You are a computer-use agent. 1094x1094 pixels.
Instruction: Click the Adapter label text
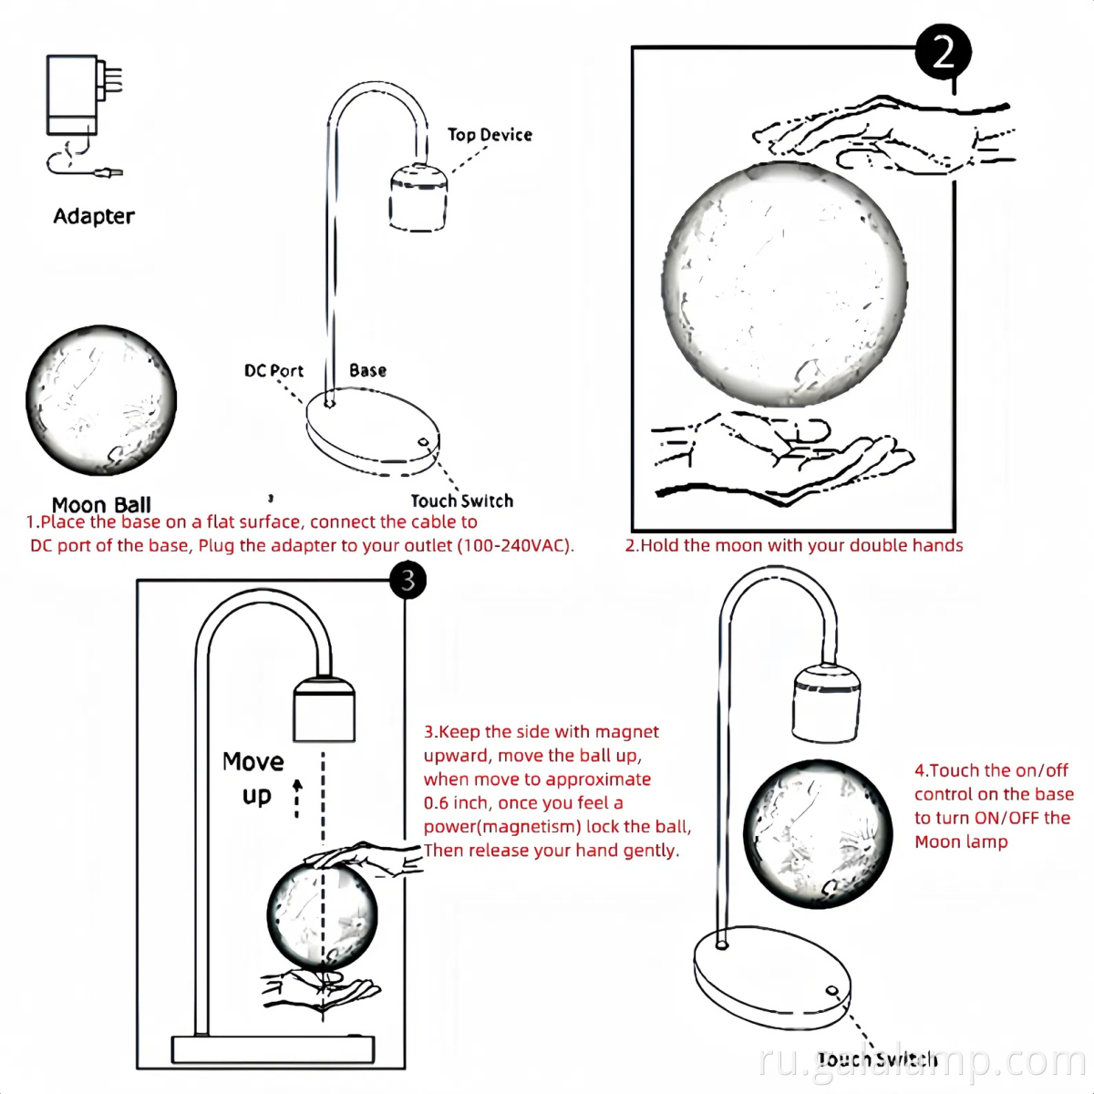point(94,216)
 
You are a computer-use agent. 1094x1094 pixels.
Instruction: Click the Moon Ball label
point(101,504)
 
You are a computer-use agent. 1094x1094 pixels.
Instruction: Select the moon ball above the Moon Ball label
point(100,400)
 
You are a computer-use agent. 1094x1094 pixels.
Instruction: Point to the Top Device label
point(490,135)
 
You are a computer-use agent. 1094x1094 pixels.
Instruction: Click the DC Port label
point(273,371)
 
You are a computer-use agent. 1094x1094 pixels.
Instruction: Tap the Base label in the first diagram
point(367,370)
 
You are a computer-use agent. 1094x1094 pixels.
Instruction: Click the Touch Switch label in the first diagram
point(461,501)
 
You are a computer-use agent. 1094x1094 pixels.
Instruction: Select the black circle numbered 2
point(943,53)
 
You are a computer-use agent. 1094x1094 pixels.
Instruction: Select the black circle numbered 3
point(408,580)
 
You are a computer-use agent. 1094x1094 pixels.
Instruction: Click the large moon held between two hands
point(784,284)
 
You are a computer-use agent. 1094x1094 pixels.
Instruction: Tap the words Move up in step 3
point(253,778)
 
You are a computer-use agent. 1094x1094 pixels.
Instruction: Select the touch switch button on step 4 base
point(831,991)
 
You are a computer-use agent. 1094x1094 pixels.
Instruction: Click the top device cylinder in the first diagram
point(418,197)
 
